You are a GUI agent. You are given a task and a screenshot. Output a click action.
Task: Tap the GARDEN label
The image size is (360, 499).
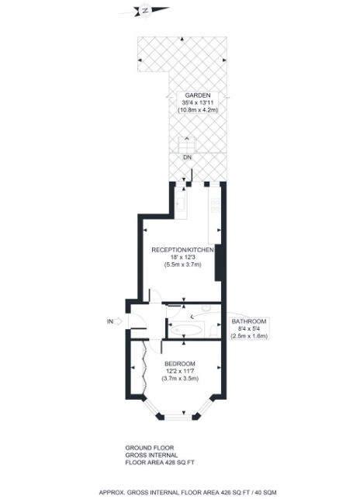point(187,95)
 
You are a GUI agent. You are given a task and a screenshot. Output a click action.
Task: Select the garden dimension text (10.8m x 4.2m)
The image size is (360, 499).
point(187,109)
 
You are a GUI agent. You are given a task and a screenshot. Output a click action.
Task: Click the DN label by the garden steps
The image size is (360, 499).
point(187,158)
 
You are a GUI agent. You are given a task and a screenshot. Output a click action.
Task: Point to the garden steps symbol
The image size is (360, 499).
point(187,145)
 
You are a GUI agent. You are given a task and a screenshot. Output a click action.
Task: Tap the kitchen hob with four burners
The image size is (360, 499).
point(215,208)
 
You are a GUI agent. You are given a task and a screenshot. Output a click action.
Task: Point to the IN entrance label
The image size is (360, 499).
point(109,320)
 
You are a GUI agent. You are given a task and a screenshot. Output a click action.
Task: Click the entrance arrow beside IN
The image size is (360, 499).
point(120,320)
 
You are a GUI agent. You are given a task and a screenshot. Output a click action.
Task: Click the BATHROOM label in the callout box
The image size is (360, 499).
point(250,321)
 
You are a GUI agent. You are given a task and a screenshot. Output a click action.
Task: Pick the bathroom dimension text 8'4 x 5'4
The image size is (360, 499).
point(250,329)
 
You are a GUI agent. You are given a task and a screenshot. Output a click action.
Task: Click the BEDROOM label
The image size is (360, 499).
point(180,363)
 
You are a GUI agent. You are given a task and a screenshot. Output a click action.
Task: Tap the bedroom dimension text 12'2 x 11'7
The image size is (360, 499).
point(180,371)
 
